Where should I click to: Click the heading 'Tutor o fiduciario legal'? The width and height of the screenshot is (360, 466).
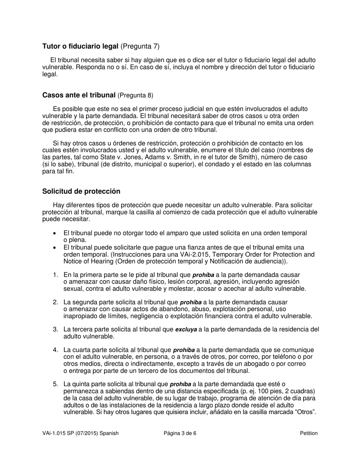80,47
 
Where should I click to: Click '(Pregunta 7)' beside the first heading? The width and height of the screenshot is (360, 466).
140,47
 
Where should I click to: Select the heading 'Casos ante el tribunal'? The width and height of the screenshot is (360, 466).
79,95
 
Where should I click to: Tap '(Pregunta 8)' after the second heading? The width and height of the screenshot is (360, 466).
136,95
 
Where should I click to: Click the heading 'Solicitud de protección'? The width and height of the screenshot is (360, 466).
81,191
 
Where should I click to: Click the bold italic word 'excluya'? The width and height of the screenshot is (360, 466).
186,330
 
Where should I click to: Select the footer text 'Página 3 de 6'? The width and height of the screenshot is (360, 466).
180,433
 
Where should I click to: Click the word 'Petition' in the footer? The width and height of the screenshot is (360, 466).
308,433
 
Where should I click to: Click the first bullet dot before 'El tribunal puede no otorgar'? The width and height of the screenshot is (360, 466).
55,233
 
